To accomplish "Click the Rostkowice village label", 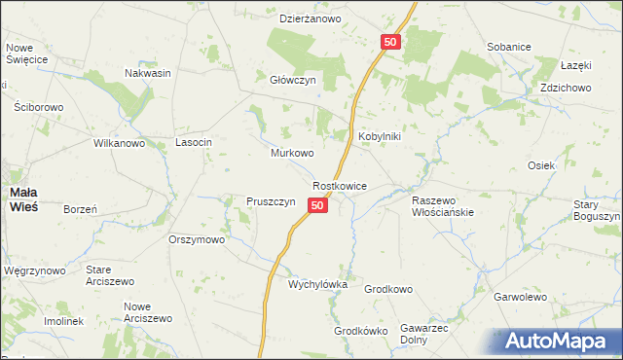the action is (339, 185).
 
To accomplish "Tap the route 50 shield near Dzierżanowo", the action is (389, 42).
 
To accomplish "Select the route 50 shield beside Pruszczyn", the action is (317, 205).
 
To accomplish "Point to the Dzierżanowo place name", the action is (310, 18).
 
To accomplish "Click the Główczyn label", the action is (294, 82).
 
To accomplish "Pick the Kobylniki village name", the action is (380, 137).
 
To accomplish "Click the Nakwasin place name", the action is (148, 72).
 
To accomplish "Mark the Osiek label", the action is (541, 165).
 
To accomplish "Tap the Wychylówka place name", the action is (317, 285).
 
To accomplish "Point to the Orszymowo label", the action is (197, 238).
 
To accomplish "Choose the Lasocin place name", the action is (193, 142).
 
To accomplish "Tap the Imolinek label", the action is (64, 321).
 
